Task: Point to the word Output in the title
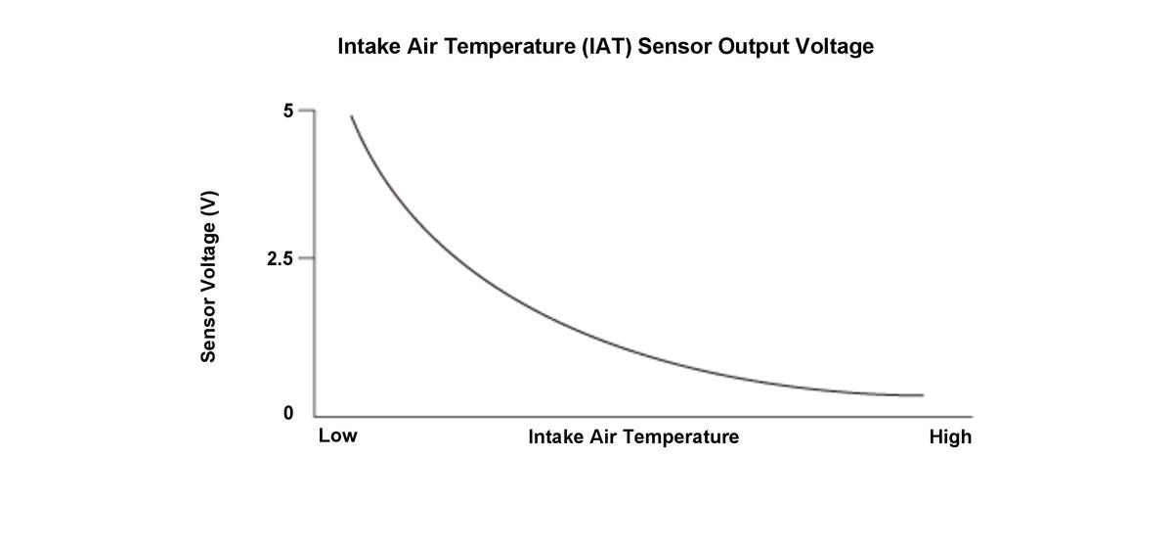tap(758, 47)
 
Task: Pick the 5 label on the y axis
tap(287, 111)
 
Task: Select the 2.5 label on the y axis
tap(279, 259)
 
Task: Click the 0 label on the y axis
tap(287, 414)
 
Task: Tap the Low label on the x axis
tap(337, 436)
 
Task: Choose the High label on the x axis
tap(950, 436)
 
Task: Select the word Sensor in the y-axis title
tap(208, 329)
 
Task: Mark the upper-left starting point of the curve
tap(351, 115)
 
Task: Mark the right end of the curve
tap(923, 395)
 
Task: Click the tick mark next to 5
tap(306, 111)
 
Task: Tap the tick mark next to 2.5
tap(306, 259)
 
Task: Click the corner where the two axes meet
tap(315, 415)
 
